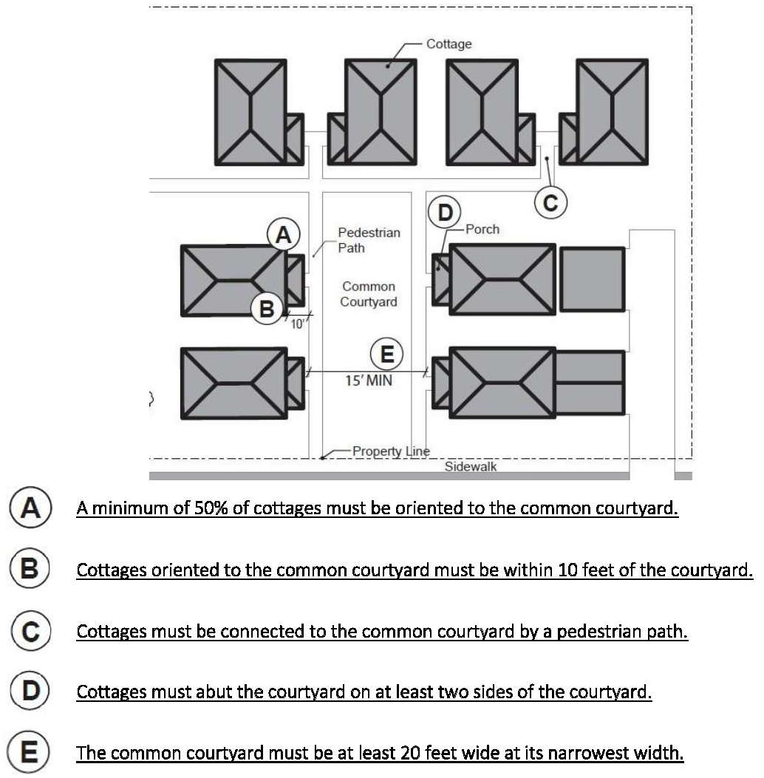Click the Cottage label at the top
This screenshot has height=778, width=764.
click(448, 44)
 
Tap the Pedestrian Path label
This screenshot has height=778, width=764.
click(369, 240)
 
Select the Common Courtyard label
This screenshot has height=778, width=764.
click(368, 294)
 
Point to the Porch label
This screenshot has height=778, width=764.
click(482, 230)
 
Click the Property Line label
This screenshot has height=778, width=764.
click(391, 451)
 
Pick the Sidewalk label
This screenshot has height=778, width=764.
click(471, 467)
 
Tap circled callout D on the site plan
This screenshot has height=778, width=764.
click(445, 211)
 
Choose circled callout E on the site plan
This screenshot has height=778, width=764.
click(386, 355)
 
